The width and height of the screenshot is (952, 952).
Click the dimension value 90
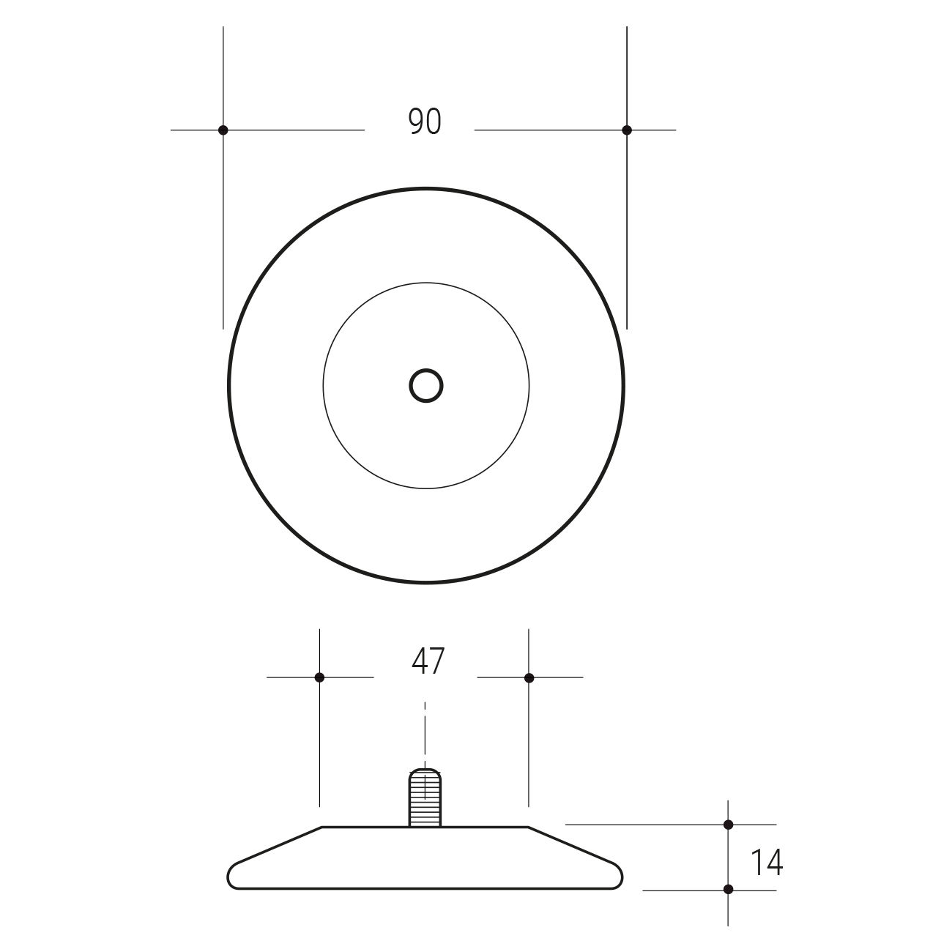coord(425,121)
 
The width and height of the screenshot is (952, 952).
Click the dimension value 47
coord(428,661)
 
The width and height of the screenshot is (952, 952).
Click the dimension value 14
coord(767,849)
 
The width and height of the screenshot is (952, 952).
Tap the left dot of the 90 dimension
coord(223,130)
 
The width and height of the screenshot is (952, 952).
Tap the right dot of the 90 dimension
coord(627,130)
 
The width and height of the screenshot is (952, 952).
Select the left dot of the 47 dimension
coord(319,678)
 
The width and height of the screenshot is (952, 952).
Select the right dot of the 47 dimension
coord(529,678)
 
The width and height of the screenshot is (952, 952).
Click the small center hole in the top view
coord(426,386)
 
